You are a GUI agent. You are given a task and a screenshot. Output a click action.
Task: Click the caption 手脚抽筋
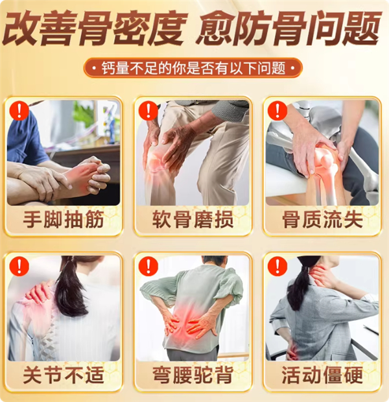click(64, 219)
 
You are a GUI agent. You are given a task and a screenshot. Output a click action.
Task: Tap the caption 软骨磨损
click(193, 219)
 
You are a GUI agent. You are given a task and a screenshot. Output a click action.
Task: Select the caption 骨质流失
click(323, 219)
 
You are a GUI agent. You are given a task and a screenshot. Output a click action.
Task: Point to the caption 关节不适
click(64, 375)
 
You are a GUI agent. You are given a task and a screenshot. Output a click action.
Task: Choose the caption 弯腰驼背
click(193, 375)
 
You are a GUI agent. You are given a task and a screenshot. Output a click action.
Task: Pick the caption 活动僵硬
click(323, 375)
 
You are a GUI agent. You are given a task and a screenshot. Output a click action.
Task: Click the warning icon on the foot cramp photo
click(19, 110)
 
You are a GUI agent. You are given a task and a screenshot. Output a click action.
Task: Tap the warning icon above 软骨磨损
click(148, 110)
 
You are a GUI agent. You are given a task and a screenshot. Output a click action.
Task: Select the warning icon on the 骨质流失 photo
click(277, 110)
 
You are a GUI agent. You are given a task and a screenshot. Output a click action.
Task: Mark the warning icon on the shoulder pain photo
click(19, 266)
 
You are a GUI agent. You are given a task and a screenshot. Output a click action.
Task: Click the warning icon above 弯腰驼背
click(148, 266)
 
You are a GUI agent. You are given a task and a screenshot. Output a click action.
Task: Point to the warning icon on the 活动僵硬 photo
click(277, 266)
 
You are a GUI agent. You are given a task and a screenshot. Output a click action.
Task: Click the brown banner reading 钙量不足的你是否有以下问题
click(193, 68)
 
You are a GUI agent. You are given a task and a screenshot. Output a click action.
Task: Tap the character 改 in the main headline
click(21, 28)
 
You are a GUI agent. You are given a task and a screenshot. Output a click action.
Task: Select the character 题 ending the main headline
click(361, 28)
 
